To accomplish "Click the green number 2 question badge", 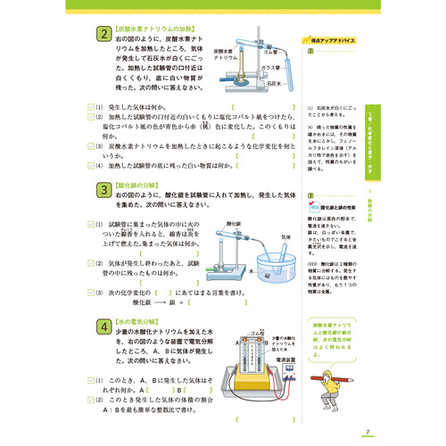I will [104, 35].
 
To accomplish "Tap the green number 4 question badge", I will [104, 328].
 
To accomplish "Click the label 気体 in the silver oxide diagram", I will [286, 237].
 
